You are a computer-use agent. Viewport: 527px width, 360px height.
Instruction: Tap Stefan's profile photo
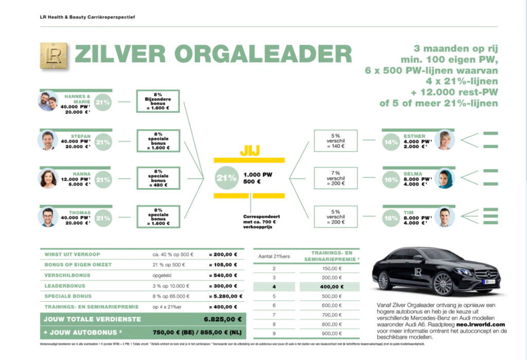[48, 140]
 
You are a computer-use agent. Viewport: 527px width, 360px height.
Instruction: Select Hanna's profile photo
[48, 179]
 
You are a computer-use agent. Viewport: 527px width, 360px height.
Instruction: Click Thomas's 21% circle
[103, 218]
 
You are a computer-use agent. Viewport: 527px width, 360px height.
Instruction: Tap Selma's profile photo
[444, 179]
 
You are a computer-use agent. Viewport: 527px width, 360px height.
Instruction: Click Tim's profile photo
[444, 217]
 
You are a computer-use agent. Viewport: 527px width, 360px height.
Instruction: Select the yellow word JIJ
[249, 151]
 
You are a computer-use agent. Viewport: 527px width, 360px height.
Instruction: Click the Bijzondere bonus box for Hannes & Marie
[158, 101]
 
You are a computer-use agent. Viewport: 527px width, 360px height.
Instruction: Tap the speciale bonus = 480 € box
[158, 179]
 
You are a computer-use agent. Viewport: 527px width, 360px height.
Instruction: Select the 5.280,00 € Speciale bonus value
[223, 296]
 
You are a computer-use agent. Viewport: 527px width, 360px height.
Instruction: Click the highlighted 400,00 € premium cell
[332, 286]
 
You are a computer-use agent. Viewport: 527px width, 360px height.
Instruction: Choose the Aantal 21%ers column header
[275, 256]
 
